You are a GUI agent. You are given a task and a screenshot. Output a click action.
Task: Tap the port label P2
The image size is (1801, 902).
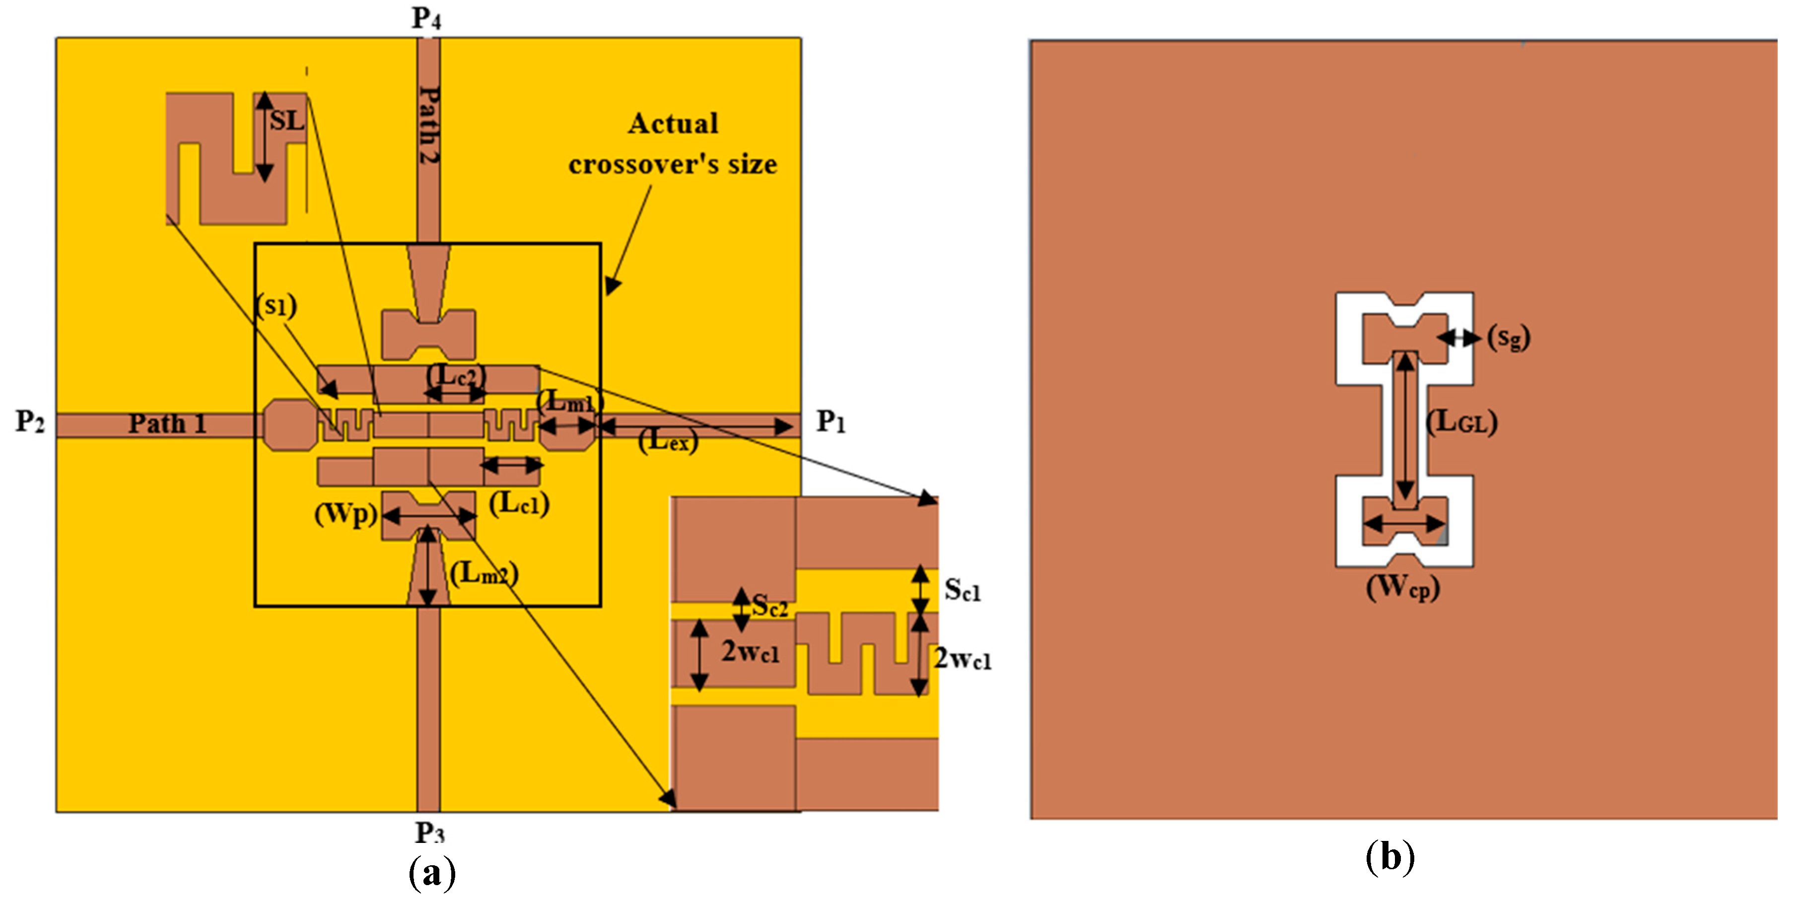[x=30, y=421]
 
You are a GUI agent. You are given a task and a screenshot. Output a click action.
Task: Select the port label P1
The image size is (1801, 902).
[x=831, y=421]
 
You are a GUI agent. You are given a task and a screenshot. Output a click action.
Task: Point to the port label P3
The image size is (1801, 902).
[x=430, y=832]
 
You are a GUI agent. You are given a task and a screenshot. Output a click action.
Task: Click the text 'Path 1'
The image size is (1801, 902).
[x=167, y=424]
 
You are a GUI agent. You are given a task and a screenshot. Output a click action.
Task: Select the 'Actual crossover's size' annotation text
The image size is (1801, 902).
[x=673, y=144]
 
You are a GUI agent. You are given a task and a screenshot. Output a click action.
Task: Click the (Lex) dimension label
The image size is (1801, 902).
[x=668, y=440]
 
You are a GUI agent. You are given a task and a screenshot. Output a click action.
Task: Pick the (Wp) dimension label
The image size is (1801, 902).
[x=346, y=515]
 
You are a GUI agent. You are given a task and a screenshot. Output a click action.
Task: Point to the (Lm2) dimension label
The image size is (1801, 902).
[x=484, y=574]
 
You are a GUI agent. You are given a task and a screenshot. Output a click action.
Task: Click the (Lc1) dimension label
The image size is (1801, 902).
[x=519, y=503]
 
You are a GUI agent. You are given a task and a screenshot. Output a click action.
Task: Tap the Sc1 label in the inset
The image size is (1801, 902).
[x=962, y=590]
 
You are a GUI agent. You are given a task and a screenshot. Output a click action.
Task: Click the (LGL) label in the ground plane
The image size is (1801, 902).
[x=1461, y=422]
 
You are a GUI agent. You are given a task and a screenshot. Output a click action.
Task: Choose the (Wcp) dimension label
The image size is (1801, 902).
[x=1402, y=587]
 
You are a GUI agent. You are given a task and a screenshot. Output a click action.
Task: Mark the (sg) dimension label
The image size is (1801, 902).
[x=1508, y=338]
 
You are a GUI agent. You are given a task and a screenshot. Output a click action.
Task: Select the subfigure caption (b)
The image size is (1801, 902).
[x=1390, y=856]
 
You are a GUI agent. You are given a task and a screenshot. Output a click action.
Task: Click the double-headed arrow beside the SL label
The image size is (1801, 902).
[x=264, y=137]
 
